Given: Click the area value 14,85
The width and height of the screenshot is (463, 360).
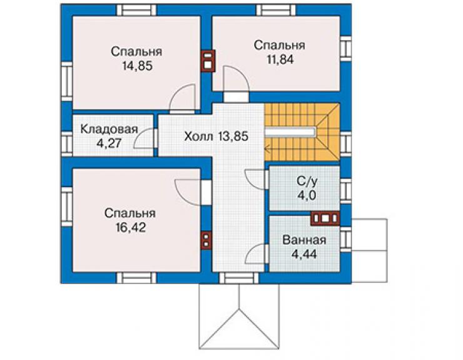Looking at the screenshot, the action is point(138,66).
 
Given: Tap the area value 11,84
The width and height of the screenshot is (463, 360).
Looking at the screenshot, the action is point(280,59).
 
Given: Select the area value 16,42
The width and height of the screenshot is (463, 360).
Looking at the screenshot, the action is point(131,228).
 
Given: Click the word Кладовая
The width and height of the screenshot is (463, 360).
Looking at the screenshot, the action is point(109,129).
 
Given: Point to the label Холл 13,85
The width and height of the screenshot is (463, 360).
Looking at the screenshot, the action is point(216,136).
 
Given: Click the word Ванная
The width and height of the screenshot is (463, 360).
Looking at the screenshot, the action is point(305,240).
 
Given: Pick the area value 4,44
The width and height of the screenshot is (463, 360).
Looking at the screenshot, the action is point(304,254).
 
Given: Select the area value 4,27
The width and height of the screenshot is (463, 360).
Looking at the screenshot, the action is point(109,143).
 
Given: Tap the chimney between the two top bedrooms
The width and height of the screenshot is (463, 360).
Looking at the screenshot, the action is point(208,61).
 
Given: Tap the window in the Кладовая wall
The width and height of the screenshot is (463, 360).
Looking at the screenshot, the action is point(67,143).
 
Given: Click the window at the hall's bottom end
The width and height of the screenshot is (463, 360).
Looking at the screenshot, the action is point(238,278).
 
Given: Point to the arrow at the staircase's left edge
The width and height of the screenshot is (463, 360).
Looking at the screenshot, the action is point(267,148).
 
